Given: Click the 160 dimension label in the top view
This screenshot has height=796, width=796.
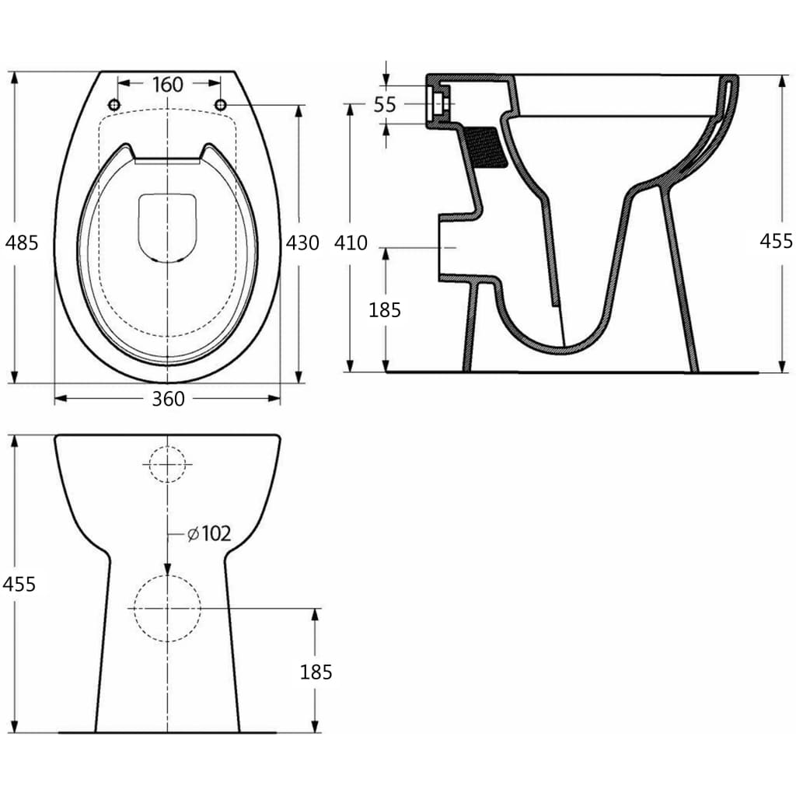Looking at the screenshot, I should [168, 84].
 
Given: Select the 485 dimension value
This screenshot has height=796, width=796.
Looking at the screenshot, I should [21, 243].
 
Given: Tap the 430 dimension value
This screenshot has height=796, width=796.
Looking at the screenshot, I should [302, 243].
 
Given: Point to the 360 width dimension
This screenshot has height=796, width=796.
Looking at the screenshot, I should [168, 399].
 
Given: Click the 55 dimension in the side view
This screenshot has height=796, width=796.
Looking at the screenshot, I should [385, 105].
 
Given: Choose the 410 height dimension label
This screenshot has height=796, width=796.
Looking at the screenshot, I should [351, 243].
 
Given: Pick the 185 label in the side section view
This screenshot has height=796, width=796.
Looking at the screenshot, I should [385, 310].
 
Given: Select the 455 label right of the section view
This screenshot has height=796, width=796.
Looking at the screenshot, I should [776, 241].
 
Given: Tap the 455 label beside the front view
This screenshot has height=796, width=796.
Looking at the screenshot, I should [19, 584].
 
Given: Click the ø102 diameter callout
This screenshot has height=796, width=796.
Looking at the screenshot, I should [209, 533].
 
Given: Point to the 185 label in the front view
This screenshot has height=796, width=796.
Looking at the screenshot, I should [316, 672].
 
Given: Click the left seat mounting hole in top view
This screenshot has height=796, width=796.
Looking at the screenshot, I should [114, 105].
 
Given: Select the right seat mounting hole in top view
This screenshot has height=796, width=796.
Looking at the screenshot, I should [221, 105].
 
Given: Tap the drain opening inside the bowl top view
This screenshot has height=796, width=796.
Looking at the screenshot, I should [167, 226].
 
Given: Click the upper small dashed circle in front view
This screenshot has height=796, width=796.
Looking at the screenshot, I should [167, 464].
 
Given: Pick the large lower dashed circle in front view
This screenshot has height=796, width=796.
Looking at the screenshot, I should [167, 609].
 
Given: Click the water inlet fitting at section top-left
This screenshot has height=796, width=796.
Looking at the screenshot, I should [438, 102].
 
